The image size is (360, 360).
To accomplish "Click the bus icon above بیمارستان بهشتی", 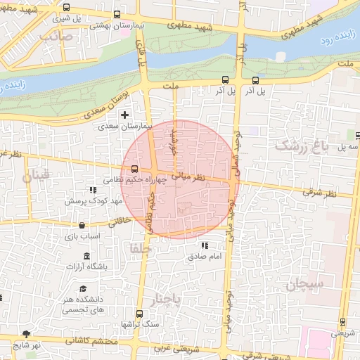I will click(117, 14).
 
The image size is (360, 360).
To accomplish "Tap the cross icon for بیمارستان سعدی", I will click(125, 115).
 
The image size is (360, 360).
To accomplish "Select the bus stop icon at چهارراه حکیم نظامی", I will click(134, 169).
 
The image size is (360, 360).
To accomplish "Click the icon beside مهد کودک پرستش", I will click(94, 190).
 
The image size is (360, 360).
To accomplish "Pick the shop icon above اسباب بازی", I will click(83, 226).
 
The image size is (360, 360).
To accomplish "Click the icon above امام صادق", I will click(205, 245).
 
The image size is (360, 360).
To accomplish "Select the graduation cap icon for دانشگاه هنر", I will click(83, 289).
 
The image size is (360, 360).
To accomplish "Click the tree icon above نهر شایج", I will click(27, 334).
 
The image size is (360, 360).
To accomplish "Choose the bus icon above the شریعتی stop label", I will click(342, 323).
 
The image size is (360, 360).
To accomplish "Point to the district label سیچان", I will click(304, 285).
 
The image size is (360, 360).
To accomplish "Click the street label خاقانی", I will click(120, 221).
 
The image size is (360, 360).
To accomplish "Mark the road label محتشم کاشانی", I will click(90, 340).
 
